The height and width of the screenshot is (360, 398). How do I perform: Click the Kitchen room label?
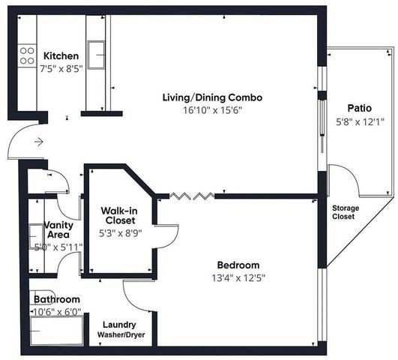61,56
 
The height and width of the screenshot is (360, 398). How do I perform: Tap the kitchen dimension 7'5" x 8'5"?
61,69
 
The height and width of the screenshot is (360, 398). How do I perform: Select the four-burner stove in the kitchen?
27,55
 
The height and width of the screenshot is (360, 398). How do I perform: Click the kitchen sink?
96,53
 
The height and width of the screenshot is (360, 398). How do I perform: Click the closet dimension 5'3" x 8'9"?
118,233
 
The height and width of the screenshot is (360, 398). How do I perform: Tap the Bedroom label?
238,265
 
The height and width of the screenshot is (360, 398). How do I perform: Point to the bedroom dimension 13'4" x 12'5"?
238,278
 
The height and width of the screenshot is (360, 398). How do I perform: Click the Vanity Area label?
57,229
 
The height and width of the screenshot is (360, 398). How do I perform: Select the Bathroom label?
56,299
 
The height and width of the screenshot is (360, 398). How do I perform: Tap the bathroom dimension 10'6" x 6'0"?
56,312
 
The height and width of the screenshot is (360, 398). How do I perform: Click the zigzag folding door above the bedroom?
193,196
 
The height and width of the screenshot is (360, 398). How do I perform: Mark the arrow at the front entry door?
38,141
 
